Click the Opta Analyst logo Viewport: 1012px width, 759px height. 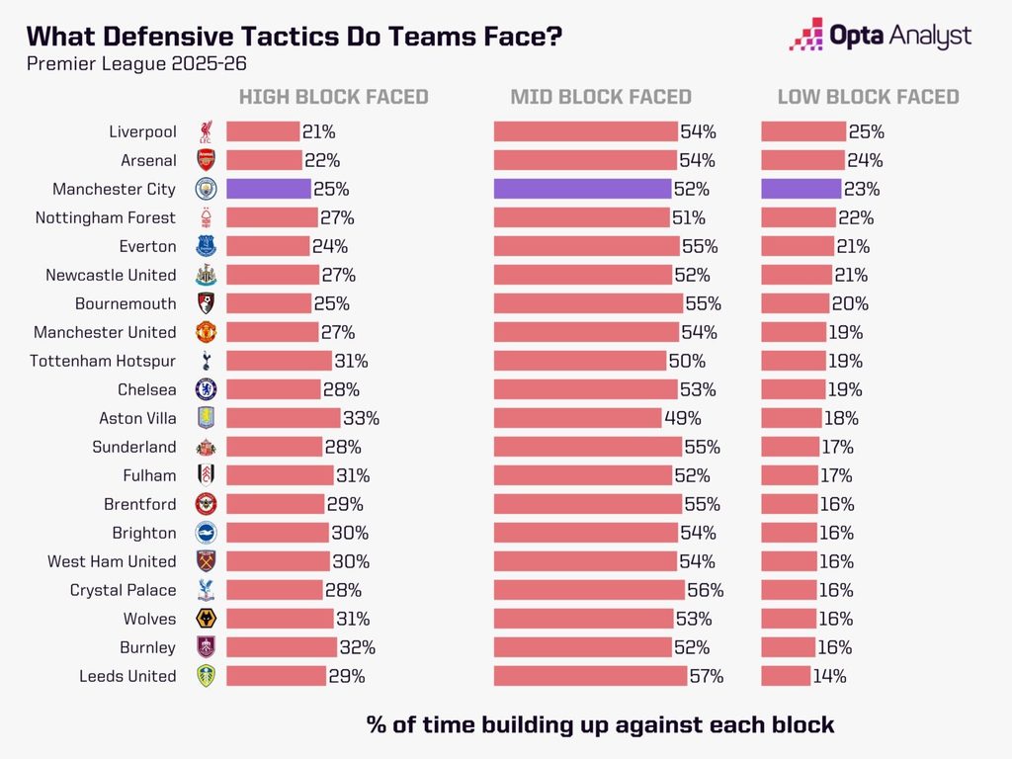click(881, 35)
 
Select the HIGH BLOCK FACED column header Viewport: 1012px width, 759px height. click(334, 97)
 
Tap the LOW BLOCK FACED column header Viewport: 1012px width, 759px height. click(868, 97)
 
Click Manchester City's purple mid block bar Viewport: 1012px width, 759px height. click(583, 189)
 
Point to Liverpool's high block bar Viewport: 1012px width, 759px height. click(263, 131)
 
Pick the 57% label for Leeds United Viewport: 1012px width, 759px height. click(707, 676)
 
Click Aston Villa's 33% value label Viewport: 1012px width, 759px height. click(361, 418)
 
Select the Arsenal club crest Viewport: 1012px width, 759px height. click(206, 160)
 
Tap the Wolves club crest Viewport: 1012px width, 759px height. click(206, 619)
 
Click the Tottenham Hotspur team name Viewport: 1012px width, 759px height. click(103, 361)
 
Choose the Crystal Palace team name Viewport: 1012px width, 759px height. click(123, 590)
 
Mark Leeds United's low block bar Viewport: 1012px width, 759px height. click(786, 676)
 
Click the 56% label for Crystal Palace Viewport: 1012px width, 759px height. click(706, 590)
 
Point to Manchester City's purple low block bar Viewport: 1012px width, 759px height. click(801, 189)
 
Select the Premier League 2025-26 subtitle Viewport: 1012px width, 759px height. click(136, 64)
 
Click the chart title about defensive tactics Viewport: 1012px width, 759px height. click(295, 37)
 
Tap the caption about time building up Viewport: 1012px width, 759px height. click(600, 724)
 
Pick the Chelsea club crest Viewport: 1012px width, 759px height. click(206, 389)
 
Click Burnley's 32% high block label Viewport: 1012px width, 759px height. click(357, 647)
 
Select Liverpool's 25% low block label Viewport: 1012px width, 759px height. click(866, 131)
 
